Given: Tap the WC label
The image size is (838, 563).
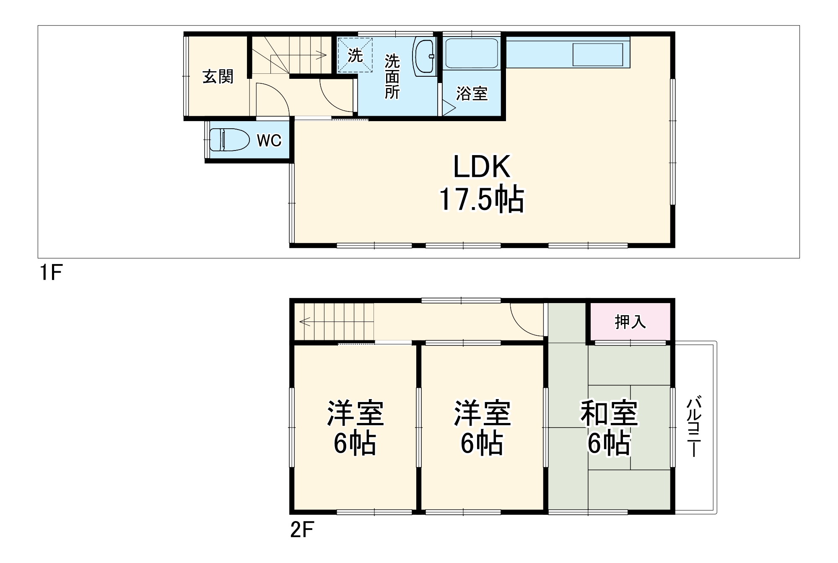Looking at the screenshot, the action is click(x=269, y=140).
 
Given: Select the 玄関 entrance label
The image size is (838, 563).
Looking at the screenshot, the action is click(x=218, y=77).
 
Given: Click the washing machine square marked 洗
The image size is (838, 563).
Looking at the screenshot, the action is click(x=355, y=55).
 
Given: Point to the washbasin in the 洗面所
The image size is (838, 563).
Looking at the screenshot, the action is click(x=424, y=57).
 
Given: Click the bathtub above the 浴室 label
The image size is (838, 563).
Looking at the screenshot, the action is click(x=472, y=53).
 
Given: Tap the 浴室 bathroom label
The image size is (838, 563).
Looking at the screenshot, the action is click(x=472, y=93).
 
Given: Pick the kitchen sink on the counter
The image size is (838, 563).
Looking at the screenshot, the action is click(x=597, y=54).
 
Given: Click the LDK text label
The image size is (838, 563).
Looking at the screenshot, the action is click(x=482, y=167).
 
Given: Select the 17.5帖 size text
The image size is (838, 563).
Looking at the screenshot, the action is click(x=481, y=200).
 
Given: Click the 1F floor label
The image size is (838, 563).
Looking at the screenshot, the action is click(x=51, y=273).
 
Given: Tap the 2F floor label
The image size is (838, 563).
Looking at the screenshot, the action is click(x=302, y=530).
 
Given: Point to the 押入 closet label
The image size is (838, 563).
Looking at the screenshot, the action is click(x=630, y=322).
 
